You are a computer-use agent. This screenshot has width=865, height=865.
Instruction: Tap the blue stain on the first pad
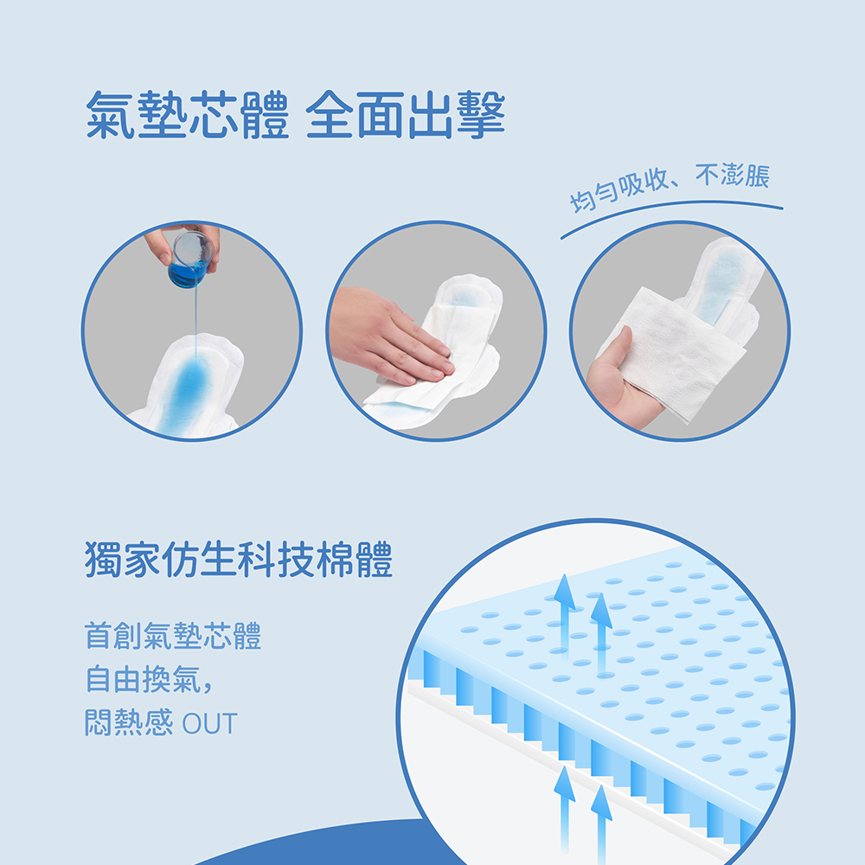pyautogui.click(x=188, y=392)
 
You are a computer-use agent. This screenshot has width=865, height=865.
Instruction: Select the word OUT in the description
pyautogui.click(x=209, y=724)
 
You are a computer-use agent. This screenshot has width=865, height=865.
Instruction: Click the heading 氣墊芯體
pyautogui.click(x=187, y=115)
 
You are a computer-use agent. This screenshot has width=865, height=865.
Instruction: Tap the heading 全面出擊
pyautogui.click(x=406, y=115)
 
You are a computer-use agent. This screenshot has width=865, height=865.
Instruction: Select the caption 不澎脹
pyautogui.click(x=732, y=176)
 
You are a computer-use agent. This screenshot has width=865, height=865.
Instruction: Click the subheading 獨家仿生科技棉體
pyautogui.click(x=239, y=560)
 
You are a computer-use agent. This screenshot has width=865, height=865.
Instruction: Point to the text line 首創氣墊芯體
pyautogui.click(x=173, y=636)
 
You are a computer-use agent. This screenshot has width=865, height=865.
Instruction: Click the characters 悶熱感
pyautogui.click(x=129, y=723)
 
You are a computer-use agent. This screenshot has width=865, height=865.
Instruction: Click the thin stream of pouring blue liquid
pyautogui.click(x=195, y=320)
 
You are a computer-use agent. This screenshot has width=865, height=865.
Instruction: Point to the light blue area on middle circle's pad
pyautogui.click(x=465, y=298)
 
